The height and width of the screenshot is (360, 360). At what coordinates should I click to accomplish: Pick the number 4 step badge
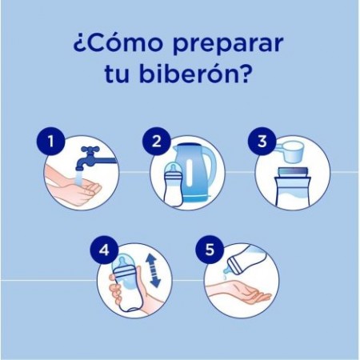tap(103, 250)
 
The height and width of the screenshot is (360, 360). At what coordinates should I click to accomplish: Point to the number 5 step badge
tap(210, 250)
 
